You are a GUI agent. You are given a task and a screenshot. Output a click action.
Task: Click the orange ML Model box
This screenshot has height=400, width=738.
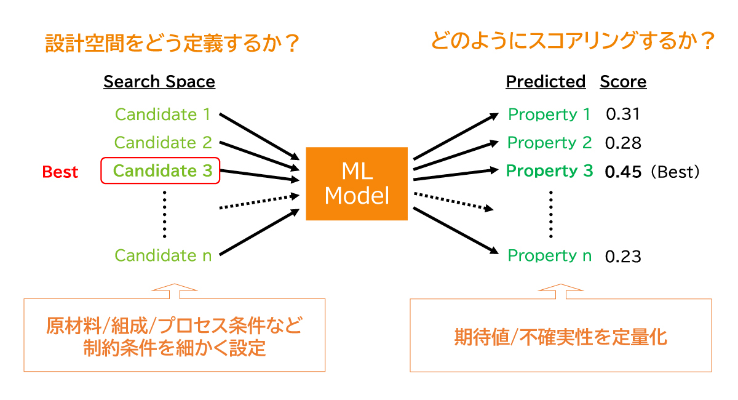[357, 183]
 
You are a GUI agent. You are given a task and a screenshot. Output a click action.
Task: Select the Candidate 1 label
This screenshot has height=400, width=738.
[163, 114]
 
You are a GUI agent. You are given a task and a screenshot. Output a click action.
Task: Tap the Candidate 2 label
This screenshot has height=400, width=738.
[163, 143]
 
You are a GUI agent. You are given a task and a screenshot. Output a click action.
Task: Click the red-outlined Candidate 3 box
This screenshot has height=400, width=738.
[160, 171]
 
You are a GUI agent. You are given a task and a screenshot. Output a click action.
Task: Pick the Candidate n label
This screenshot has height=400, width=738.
[163, 255]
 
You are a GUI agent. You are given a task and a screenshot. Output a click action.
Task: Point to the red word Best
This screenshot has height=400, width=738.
[60, 172]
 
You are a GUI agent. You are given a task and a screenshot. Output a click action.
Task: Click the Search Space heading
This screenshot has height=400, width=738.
[159, 82]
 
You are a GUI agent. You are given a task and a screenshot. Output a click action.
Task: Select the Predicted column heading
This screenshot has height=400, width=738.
[546, 82]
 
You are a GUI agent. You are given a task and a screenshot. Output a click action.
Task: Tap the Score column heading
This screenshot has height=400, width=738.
[623, 82]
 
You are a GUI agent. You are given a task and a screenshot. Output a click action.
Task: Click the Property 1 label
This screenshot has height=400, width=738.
[549, 114]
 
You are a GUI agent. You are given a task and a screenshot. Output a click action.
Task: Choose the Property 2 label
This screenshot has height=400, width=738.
[549, 143]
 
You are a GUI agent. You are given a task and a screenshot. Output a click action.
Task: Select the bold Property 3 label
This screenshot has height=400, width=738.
[549, 171]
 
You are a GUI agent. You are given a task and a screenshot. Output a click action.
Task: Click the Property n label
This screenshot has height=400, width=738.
[549, 255]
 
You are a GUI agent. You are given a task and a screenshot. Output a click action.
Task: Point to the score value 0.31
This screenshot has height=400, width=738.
[623, 114]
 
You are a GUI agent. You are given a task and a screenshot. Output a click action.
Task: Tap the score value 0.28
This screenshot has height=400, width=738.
[623, 143]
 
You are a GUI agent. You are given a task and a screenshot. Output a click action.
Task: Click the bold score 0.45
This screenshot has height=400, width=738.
[623, 172]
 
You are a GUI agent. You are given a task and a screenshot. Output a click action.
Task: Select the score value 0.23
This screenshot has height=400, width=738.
[623, 256]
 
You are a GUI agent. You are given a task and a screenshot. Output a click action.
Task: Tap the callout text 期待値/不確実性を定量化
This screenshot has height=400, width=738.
[560, 337]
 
